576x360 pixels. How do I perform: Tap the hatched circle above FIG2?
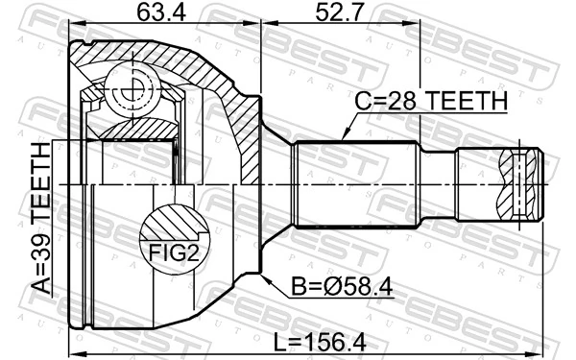[x=174, y=222]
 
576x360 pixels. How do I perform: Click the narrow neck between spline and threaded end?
[x=440, y=183]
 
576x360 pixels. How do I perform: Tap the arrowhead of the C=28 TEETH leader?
[x=343, y=140]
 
